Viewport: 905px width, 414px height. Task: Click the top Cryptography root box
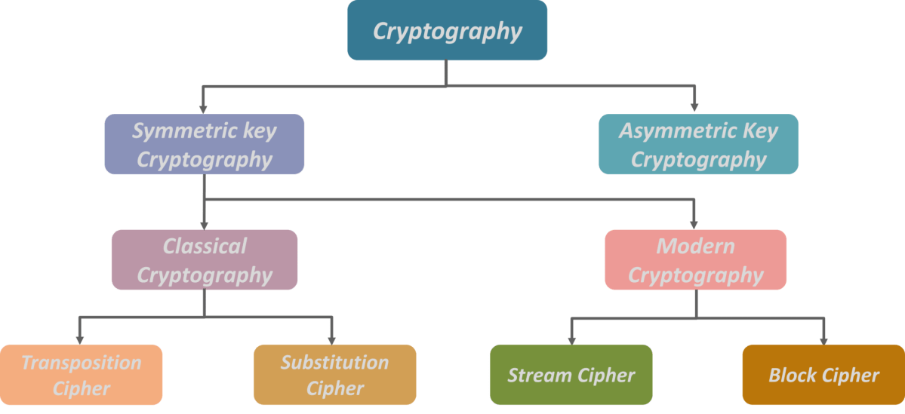[447, 31]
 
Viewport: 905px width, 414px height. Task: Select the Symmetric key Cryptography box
[204, 145]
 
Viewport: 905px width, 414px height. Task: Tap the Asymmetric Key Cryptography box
[698, 145]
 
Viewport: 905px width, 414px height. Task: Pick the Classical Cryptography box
[204, 260]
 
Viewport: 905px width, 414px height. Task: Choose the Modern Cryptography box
[695, 260]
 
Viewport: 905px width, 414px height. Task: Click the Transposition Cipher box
[81, 375]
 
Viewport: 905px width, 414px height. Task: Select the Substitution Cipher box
[334, 375]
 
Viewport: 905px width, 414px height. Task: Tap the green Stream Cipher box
[571, 375]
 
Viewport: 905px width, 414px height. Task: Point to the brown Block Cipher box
[823, 375]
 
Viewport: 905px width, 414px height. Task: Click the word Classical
[205, 247]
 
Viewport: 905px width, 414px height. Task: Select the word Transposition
[81, 363]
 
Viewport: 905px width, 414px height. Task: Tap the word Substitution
[334, 363]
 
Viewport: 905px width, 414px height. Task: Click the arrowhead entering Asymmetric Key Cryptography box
[694, 108]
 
